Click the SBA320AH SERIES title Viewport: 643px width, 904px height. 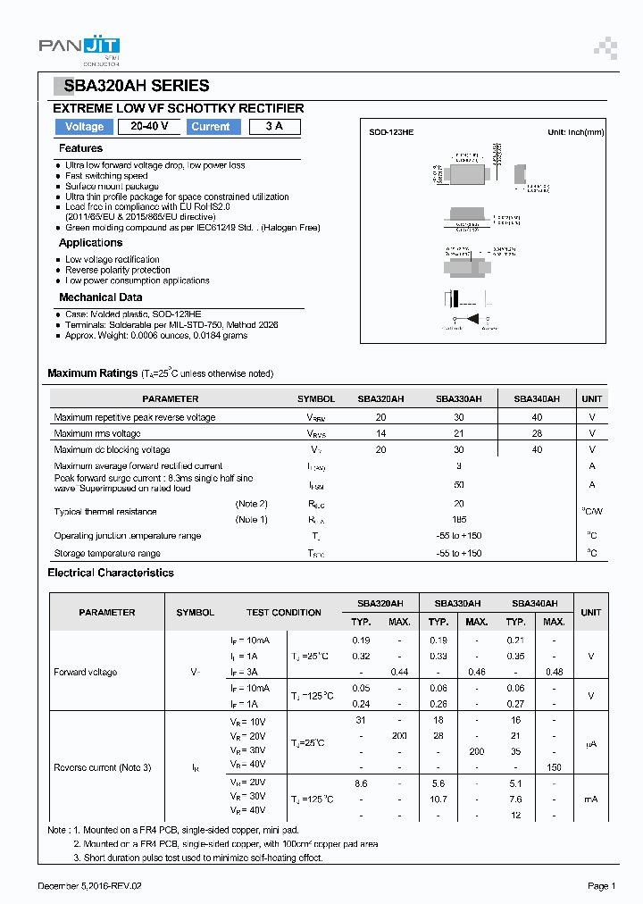134,87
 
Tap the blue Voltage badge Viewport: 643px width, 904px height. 84,127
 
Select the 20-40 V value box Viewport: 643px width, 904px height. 149,127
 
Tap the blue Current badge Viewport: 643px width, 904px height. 211,127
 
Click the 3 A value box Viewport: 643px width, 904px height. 274,127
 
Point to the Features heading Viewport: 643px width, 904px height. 80,148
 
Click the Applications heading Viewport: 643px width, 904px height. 90,243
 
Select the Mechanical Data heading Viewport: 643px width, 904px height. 100,297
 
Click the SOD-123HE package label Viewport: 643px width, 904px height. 391,132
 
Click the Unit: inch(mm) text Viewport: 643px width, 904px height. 575,132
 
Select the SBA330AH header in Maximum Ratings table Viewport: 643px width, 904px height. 458,398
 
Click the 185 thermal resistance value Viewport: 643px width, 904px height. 459,519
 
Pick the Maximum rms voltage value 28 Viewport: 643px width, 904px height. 537,433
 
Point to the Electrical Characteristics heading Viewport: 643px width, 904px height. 111,573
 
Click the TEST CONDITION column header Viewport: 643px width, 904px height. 284,613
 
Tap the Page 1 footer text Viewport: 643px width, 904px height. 601,885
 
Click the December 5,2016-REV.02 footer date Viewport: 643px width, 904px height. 90,885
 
